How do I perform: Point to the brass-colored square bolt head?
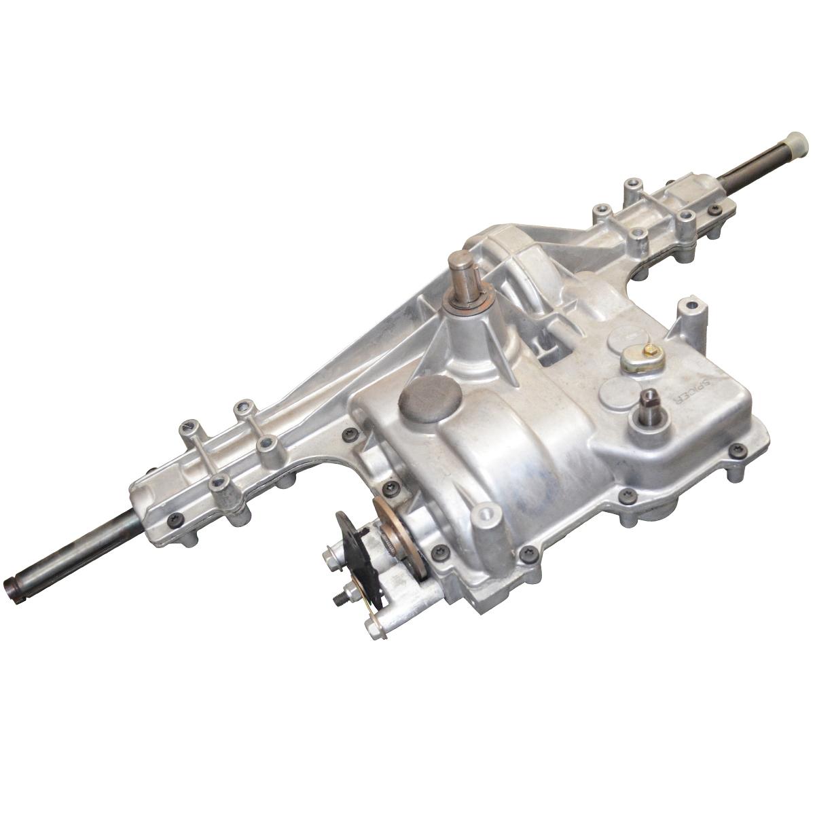(651, 351)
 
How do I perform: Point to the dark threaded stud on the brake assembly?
(337, 600)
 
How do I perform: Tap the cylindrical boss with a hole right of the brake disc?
(485, 518)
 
